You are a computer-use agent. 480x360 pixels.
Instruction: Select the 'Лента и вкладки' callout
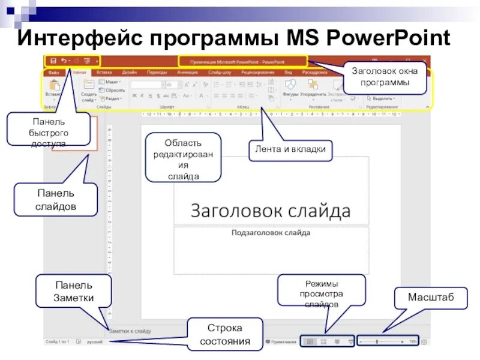[x=290, y=149]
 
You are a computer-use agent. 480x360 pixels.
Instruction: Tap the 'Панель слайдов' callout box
[x=56, y=200]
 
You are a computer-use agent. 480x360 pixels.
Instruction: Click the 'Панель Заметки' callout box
[x=73, y=291]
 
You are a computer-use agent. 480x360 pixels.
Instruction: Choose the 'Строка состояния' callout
[x=224, y=335]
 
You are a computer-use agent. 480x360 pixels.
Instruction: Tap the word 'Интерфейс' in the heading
[x=78, y=39]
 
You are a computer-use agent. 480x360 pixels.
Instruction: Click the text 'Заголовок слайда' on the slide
[x=270, y=211]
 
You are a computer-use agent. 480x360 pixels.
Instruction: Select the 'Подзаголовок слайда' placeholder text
[x=271, y=232]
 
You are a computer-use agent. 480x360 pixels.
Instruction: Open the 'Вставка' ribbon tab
[x=103, y=72]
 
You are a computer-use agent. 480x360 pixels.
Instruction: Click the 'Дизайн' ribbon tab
[x=129, y=72]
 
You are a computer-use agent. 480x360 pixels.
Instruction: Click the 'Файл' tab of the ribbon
[x=53, y=72]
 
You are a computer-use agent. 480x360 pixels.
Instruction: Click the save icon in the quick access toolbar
[x=53, y=61]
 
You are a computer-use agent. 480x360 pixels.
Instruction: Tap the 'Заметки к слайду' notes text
[x=130, y=331]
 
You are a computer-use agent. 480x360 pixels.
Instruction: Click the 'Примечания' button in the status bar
[x=283, y=342]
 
